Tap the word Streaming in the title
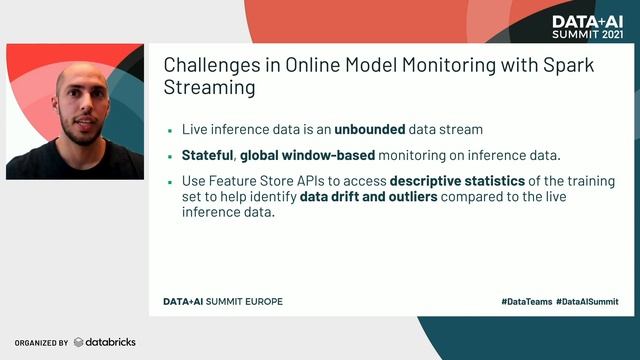click(x=209, y=88)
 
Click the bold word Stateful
click(x=208, y=156)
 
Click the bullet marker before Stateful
click(x=171, y=157)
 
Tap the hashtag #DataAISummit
click(x=587, y=301)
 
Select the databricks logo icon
click(x=79, y=342)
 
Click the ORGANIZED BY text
click(x=41, y=343)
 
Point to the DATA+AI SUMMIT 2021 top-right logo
click(x=586, y=26)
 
